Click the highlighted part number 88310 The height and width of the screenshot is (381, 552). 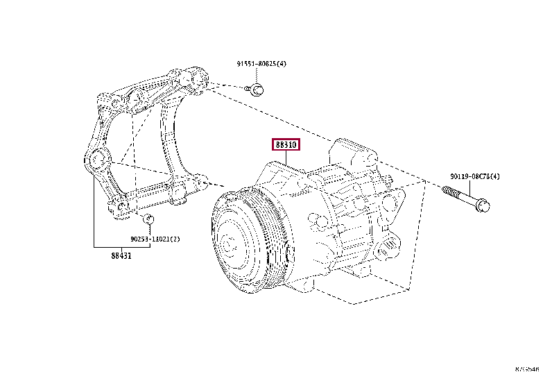[285, 145]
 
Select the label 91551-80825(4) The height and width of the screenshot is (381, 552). [261, 64]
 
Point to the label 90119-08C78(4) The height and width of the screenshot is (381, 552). [474, 177]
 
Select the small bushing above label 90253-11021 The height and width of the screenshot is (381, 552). [147, 220]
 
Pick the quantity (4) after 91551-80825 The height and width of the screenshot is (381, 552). [282, 64]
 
